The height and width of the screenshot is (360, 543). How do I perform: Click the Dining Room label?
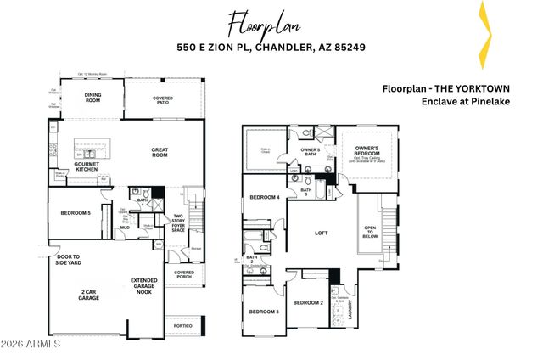(94, 98)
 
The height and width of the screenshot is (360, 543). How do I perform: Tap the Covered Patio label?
(163, 100)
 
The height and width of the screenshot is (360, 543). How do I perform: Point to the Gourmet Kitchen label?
(86, 166)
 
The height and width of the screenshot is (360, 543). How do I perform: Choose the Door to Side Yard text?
(70, 259)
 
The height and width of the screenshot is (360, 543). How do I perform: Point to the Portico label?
(184, 326)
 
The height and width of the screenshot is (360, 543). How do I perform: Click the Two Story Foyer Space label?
(179, 222)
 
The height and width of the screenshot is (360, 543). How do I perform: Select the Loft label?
(322, 232)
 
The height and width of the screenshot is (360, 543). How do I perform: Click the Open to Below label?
(371, 232)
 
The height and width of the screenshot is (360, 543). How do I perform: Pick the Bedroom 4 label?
(264, 198)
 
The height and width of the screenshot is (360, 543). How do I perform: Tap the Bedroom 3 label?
(263, 312)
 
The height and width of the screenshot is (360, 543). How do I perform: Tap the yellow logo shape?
(483, 34)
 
